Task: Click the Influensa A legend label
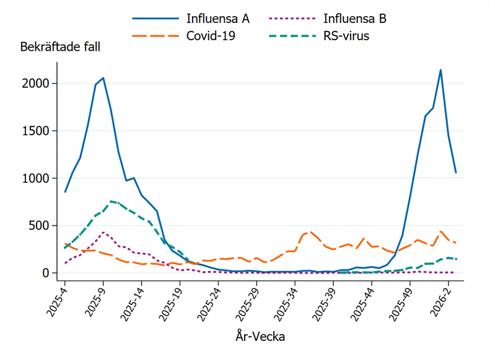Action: (218, 19)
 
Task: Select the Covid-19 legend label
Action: (211, 36)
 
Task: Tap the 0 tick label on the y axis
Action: (55, 273)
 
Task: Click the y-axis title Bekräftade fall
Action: (60, 47)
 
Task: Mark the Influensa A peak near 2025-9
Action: (103, 78)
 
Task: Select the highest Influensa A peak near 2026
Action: (440, 70)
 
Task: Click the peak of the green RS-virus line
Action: (111, 201)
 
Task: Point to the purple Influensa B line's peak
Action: (103, 232)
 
